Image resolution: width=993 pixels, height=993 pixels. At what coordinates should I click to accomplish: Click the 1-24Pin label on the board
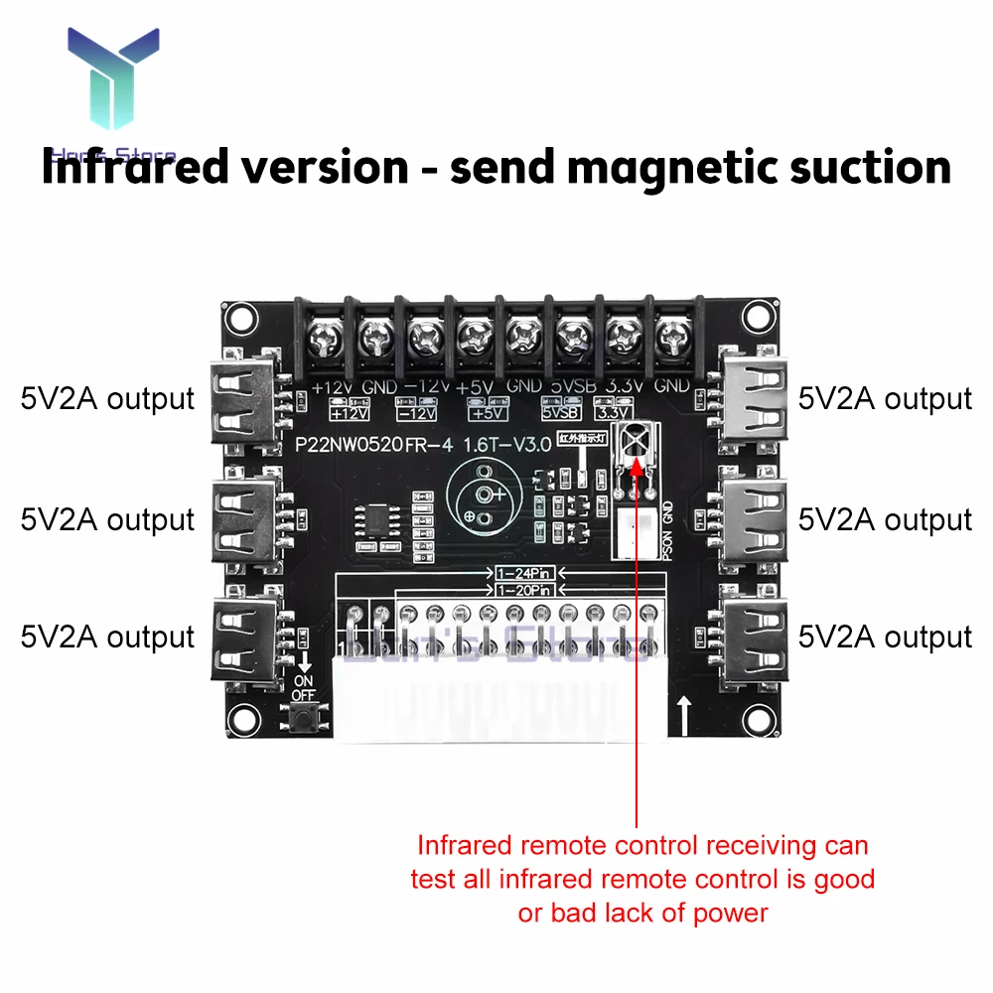pyautogui.click(x=523, y=574)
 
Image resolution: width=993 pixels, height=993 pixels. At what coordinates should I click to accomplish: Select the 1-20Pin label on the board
pyautogui.click(x=523, y=591)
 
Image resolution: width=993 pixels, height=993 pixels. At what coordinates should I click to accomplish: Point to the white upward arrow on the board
pyautogui.click(x=684, y=713)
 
